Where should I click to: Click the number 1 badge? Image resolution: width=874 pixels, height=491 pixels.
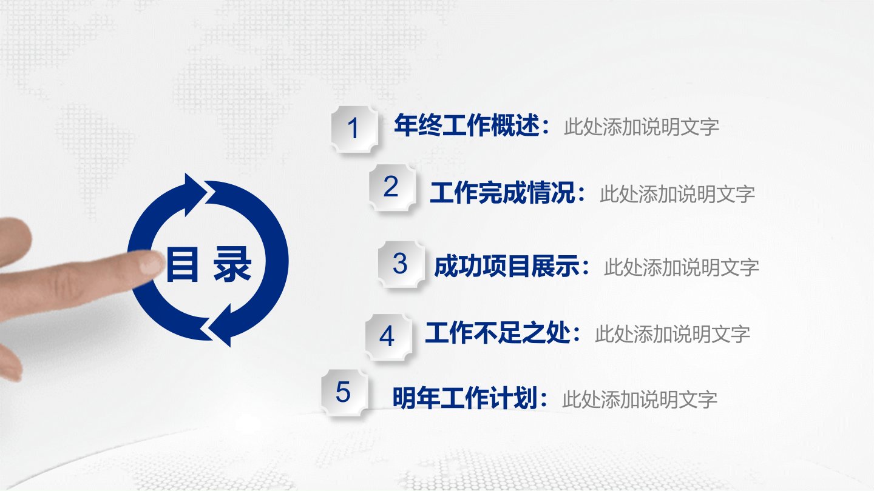(354, 129)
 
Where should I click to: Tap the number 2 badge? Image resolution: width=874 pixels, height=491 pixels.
(391, 187)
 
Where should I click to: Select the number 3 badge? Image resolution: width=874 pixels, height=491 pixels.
(401, 264)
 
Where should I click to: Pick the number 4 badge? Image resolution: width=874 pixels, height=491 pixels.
(388, 337)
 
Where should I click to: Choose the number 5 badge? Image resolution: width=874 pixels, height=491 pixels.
(344, 392)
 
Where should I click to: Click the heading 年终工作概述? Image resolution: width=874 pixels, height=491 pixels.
(467, 126)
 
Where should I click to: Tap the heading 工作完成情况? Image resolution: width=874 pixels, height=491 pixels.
(503, 193)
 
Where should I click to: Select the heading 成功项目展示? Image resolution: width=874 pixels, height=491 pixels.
(507, 267)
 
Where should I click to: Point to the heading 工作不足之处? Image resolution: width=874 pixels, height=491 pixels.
(498, 333)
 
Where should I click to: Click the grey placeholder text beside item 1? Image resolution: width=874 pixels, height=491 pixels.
(642, 127)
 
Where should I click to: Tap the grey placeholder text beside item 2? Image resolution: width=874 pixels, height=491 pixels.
(677, 194)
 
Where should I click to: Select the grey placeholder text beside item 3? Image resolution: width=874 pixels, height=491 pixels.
(682, 268)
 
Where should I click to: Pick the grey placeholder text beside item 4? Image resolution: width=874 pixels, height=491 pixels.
(672, 335)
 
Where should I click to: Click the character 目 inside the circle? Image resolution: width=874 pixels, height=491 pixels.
(182, 264)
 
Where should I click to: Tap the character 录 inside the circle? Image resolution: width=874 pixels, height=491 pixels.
(232, 264)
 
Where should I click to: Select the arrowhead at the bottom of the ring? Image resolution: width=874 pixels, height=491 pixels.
(220, 326)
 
